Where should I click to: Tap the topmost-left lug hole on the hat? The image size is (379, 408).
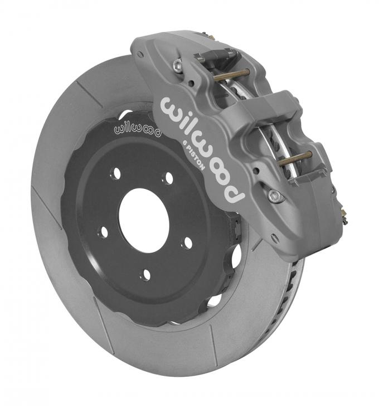point(116,174)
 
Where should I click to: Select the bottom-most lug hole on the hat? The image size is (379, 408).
point(147,275)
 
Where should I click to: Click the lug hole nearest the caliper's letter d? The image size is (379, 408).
point(187,242)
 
